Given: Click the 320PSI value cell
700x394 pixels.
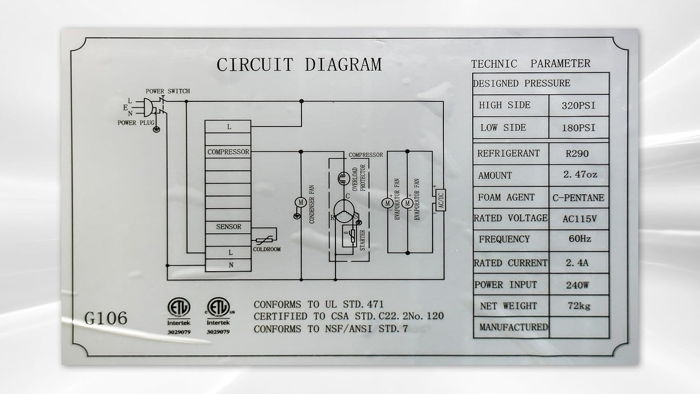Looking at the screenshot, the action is tap(579, 106).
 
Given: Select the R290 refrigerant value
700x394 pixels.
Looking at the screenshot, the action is tap(577, 154).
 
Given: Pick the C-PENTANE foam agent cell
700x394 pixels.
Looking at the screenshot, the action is tap(578, 197).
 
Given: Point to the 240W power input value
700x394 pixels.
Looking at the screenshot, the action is tap(577, 285).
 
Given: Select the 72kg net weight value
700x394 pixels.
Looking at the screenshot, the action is tap(579, 306).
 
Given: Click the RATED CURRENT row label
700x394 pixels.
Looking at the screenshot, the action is tap(511, 263).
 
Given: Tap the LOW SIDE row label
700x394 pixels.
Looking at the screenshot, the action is tap(503, 127).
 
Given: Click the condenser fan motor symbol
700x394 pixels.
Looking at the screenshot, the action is tap(301, 203).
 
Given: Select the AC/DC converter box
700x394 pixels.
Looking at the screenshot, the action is tap(441, 200).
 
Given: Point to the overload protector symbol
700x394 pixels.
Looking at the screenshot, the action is tap(344, 178).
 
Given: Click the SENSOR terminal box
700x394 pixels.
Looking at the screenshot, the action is tap(228, 227).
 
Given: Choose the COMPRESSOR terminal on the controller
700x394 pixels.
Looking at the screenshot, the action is tap(228, 152).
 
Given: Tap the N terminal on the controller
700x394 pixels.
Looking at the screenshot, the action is tap(228, 265).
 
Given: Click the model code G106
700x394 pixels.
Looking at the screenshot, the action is tap(106, 318).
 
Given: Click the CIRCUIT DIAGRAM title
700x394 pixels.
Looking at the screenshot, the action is tap(299, 65).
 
